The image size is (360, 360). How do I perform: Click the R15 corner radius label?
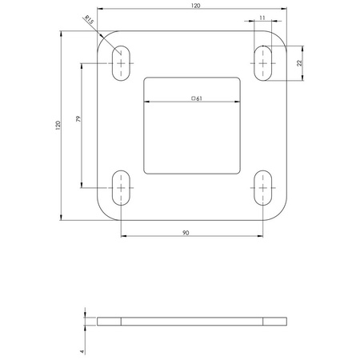click(88, 18)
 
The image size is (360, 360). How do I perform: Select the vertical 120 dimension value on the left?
click(57, 125)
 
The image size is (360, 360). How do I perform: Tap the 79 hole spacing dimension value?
click(78, 120)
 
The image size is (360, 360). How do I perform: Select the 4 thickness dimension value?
click(82, 350)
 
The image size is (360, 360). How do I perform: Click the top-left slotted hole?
click(122, 62)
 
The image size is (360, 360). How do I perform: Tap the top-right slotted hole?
click(262, 62)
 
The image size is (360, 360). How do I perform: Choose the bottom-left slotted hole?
click(122, 188)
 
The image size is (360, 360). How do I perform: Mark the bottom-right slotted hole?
click(262, 188)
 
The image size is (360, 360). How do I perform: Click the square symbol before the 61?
click(192, 98)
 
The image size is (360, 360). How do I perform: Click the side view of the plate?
click(192, 322)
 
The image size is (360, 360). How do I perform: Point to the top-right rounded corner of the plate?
click(282, 38)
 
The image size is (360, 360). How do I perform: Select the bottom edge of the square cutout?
click(192, 173)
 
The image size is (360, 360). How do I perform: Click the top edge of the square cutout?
click(192, 77)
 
